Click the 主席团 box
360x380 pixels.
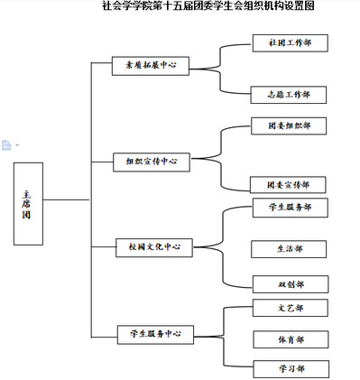pos(28,204)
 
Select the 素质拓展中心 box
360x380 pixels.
pos(151,66)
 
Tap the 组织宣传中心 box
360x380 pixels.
pos(152,162)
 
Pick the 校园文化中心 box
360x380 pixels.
pos(154,247)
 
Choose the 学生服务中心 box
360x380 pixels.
pos(155,334)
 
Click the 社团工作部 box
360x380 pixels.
pos(291,43)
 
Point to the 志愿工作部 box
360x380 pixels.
pos(289,95)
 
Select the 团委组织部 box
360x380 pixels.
pos(289,125)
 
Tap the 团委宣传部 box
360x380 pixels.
pos(288,185)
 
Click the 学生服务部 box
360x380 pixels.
pos(291,208)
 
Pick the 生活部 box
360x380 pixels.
pos(289,249)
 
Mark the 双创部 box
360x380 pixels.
pos(291,284)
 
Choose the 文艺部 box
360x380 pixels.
pos(291,308)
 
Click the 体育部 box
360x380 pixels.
pos(291,339)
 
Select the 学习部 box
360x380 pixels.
pos(291,369)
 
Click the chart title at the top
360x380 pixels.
pos(208,5)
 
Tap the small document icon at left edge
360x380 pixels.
pos(6,145)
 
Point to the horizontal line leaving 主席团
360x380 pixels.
pos(67,199)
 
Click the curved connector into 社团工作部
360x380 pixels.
pos(220,56)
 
